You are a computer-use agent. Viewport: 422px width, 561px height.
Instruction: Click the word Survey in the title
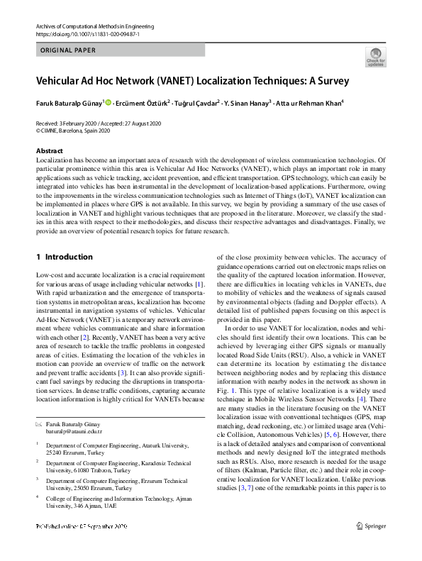click(x=328, y=81)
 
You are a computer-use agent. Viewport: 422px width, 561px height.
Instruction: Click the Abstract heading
click(x=50, y=152)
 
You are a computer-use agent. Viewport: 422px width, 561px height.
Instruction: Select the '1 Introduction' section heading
click(x=64, y=257)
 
